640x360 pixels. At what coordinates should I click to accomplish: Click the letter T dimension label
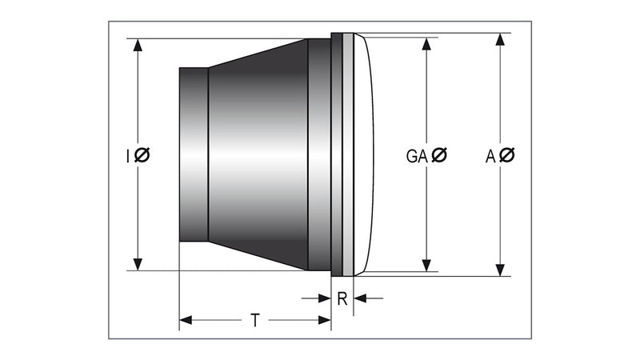click(x=254, y=321)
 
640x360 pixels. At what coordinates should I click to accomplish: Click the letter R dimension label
click(x=342, y=299)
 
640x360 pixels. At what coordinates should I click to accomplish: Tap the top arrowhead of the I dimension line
click(x=138, y=45)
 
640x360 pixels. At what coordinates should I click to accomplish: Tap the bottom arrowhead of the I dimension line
click(x=138, y=264)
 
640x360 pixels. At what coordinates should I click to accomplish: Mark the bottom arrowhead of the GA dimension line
click(x=426, y=265)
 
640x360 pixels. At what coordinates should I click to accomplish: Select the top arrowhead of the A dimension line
click(x=501, y=40)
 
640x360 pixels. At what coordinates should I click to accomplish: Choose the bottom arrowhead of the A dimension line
click(x=501, y=269)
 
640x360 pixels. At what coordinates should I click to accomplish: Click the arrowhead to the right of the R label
click(x=359, y=298)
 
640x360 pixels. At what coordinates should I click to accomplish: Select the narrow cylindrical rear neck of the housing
click(x=194, y=154)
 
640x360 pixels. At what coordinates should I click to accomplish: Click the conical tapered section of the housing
click(x=256, y=154)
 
